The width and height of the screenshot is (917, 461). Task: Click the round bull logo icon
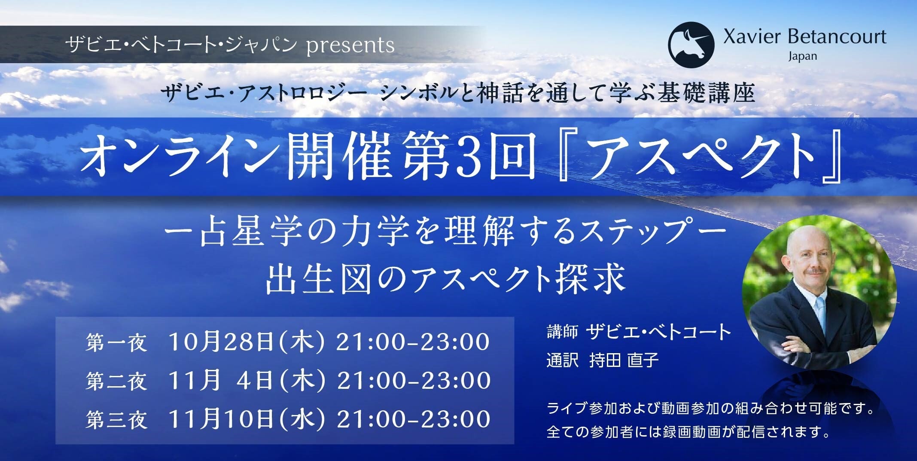pos(691,45)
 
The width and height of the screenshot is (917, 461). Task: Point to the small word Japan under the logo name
pos(802,57)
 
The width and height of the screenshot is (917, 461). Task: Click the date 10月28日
pos(221,342)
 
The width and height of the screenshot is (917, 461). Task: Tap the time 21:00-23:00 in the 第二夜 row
pos(414,382)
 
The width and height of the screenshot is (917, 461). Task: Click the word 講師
pos(562,333)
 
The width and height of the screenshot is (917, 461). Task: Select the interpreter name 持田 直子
pos(624,360)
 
